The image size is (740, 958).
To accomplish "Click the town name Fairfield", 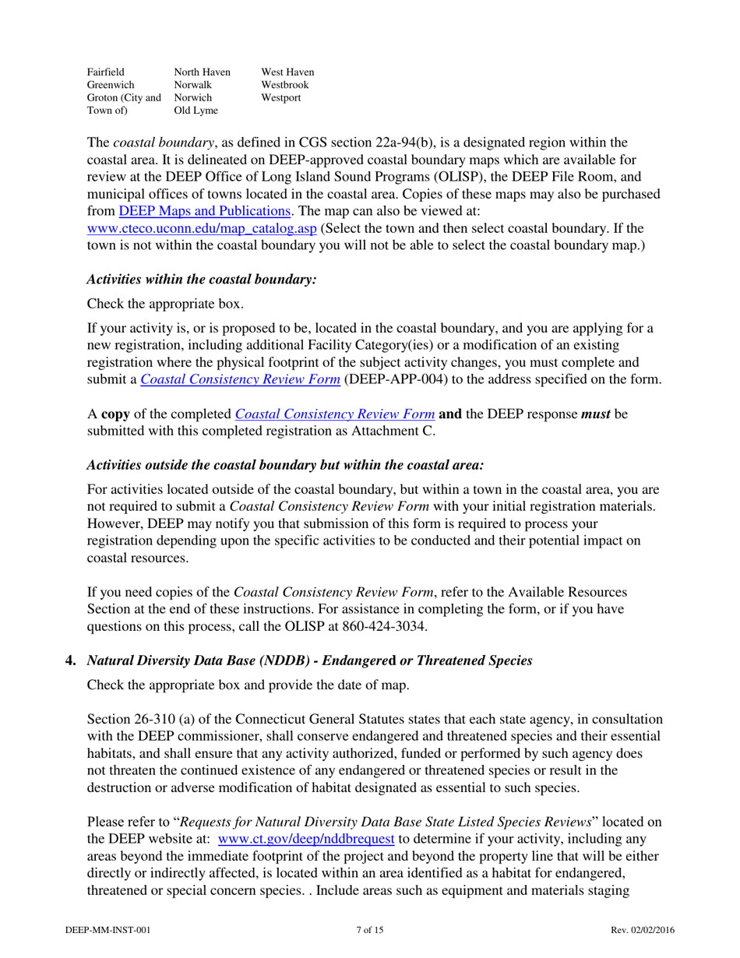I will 106,72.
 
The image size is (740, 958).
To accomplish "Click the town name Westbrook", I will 285,85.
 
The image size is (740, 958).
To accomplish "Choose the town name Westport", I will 281,98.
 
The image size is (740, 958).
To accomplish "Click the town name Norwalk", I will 192,85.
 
